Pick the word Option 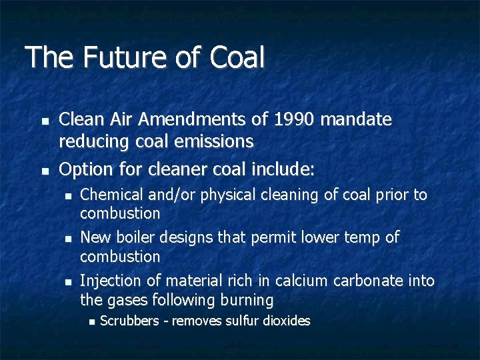click(x=82, y=170)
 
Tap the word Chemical click(x=108, y=195)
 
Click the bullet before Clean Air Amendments click(x=45, y=122)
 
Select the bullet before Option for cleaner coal click(x=45, y=172)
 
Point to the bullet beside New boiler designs click(x=67, y=239)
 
